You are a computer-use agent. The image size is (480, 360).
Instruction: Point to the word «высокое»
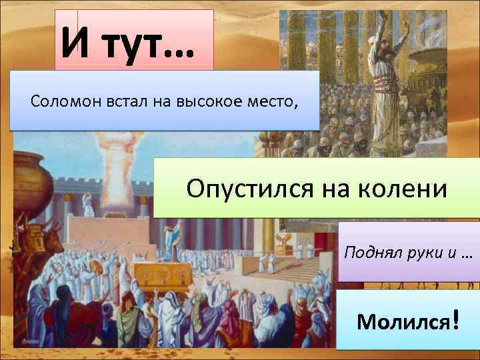pyautogui.click(x=203, y=101)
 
